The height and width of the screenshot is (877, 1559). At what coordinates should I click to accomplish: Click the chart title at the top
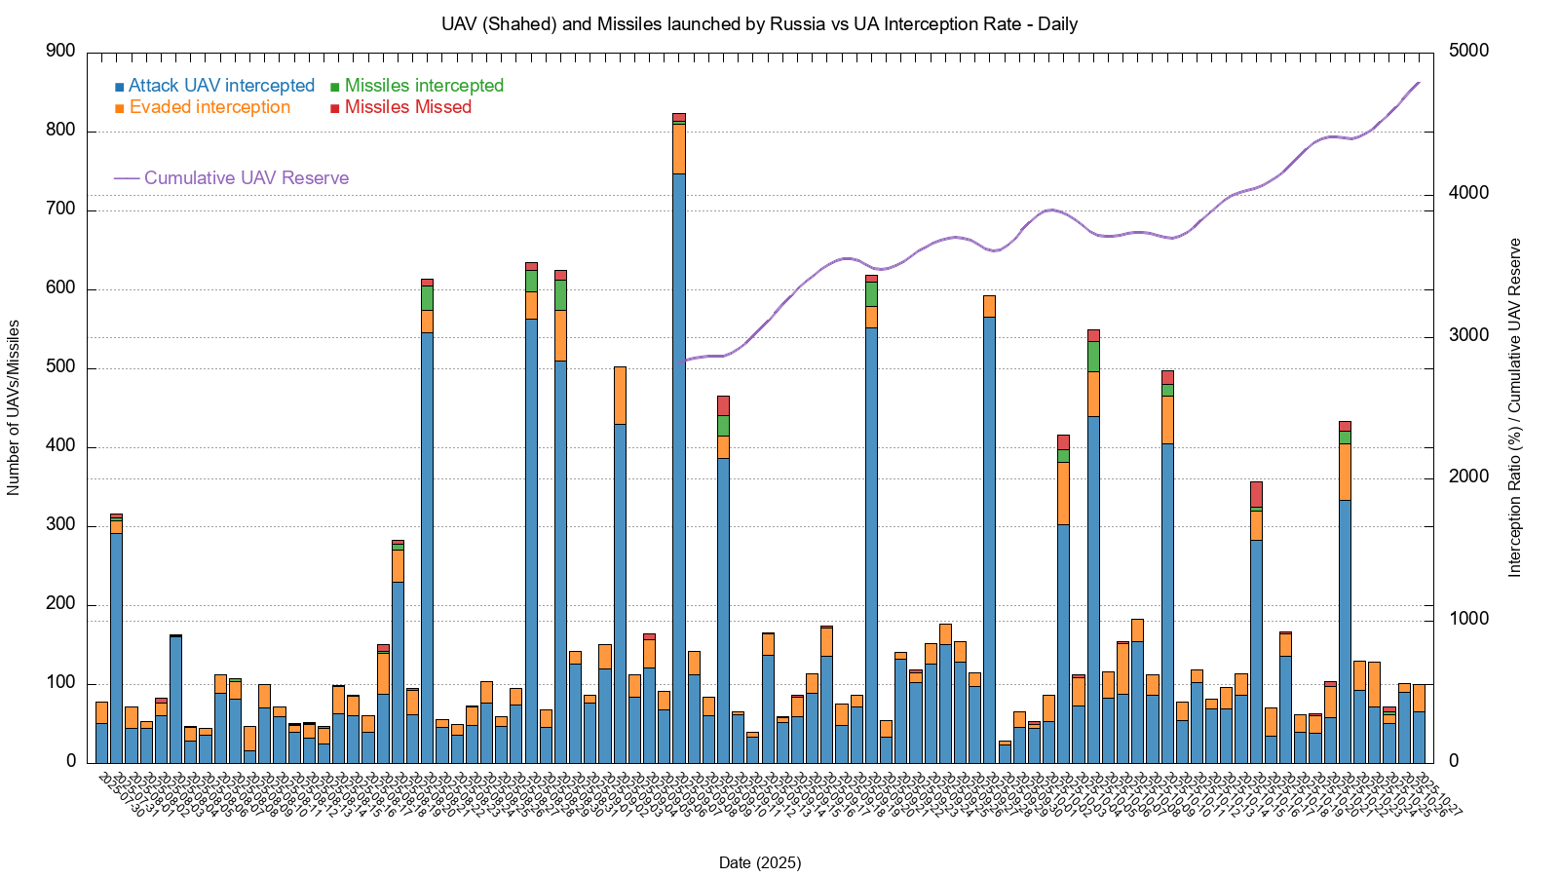[x=759, y=24]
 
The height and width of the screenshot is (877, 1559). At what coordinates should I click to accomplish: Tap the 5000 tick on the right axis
[x=1468, y=52]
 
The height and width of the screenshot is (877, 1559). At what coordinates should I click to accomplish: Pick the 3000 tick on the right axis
[x=1468, y=336]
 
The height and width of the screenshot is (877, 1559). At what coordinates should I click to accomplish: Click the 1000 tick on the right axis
[x=1468, y=620]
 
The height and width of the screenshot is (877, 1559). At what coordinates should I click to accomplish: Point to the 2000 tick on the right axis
[x=1468, y=477]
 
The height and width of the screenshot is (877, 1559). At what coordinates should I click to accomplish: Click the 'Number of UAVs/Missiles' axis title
[x=14, y=407]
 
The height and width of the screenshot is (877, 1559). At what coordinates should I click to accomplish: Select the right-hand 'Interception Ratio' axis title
[x=1514, y=407]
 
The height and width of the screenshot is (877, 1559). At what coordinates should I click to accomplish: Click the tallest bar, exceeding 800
[x=679, y=468]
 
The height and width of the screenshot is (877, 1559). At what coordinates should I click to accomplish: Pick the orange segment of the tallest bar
[x=679, y=148]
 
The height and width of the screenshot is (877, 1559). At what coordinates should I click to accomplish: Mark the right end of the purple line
[x=1420, y=83]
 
